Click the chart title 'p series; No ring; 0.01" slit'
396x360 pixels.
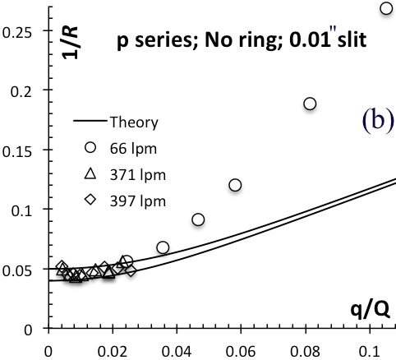click(x=242, y=40)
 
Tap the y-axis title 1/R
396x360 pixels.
click(x=70, y=43)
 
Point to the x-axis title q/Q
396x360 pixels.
click(x=370, y=310)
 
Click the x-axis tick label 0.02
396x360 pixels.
click(x=113, y=351)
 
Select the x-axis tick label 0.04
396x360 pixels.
click(x=177, y=351)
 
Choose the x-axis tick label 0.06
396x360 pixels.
click(x=241, y=351)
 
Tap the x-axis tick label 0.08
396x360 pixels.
click(x=305, y=351)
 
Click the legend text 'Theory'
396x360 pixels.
click(x=134, y=122)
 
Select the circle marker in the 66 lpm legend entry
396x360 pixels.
click(x=90, y=147)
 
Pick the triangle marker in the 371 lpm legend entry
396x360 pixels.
click(x=90, y=174)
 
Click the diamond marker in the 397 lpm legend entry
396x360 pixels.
click(x=90, y=200)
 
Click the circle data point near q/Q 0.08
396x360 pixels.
click(x=310, y=104)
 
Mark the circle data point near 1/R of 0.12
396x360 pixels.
click(x=235, y=185)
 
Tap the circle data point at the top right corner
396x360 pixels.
click(x=386, y=8)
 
